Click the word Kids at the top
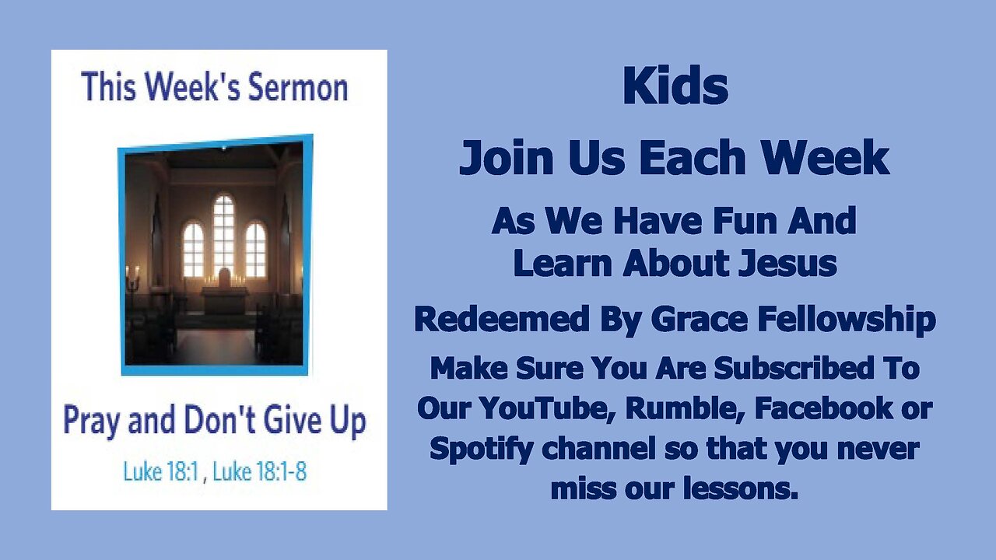[675, 88]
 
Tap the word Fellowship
[842, 319]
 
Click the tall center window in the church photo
[223, 234]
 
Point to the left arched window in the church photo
[193, 249]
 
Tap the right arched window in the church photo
[255, 249]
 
